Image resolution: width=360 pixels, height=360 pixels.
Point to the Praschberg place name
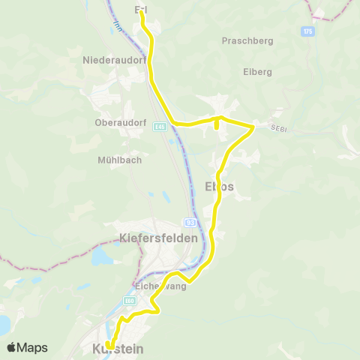[x=245, y=41]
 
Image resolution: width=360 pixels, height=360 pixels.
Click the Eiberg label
[x=257, y=72]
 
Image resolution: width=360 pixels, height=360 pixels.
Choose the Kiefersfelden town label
[x=159, y=238]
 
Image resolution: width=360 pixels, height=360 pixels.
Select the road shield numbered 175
[x=307, y=31]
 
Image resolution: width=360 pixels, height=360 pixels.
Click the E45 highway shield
[x=160, y=127]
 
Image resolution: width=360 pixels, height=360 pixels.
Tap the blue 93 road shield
[x=190, y=223]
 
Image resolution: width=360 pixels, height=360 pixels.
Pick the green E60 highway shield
[x=130, y=301]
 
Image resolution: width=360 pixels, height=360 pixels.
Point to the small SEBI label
[x=279, y=130]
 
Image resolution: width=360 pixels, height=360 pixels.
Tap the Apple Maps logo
[x=28, y=347]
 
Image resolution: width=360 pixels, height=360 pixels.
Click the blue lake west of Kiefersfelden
[x=100, y=257]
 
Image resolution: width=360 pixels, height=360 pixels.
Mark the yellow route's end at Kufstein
[x=116, y=344]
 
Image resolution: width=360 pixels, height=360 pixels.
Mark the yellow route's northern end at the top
[x=141, y=11]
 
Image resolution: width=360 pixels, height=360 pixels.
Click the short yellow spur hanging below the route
[x=217, y=127]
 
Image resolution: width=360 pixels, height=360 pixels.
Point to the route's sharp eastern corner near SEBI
[x=253, y=127]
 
